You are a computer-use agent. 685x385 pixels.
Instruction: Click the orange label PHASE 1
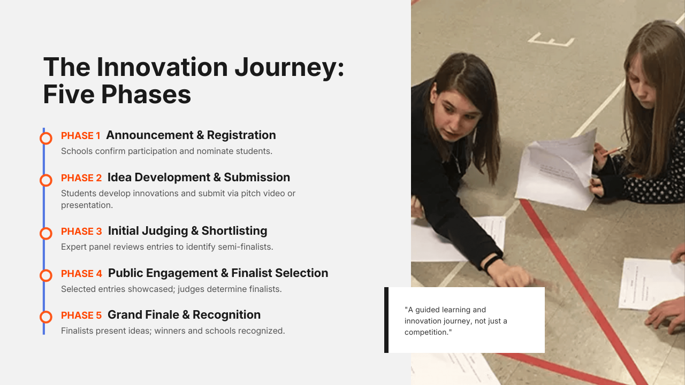click(x=81, y=136)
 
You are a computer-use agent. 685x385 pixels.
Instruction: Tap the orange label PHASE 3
click(x=81, y=232)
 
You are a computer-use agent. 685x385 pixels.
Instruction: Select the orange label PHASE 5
click(x=81, y=315)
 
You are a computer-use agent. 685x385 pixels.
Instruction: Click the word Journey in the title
click(x=290, y=68)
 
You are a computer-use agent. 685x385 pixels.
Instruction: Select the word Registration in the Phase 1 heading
click(x=241, y=135)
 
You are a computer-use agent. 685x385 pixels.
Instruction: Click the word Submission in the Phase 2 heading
click(x=257, y=177)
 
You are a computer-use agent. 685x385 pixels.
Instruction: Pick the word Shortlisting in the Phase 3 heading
click(x=234, y=231)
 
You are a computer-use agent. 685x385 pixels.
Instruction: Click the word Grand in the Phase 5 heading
click(x=124, y=315)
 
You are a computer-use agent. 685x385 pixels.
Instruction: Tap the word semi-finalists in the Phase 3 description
click(x=245, y=247)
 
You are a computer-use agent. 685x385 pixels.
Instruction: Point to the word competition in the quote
click(x=428, y=333)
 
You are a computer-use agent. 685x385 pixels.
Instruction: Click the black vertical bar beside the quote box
click(x=386, y=320)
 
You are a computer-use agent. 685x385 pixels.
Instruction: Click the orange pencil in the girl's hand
click(x=612, y=151)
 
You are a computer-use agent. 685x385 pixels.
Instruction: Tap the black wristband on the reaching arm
click(x=492, y=262)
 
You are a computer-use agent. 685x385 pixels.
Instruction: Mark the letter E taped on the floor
click(x=551, y=40)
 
